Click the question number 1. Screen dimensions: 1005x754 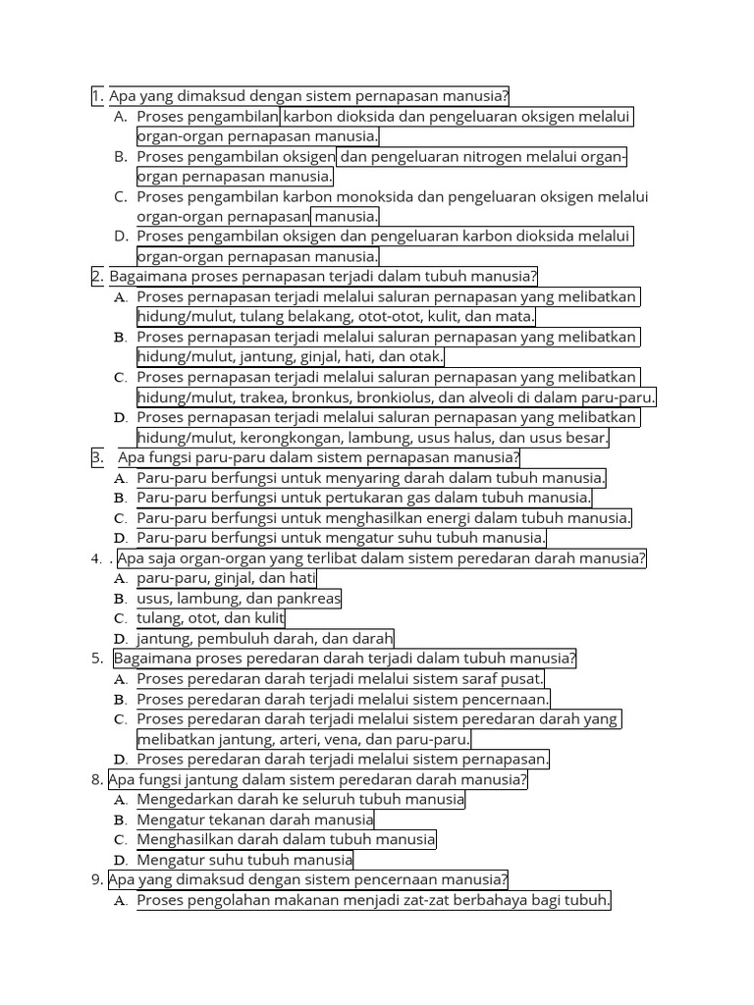tap(96, 96)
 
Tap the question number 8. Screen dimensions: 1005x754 tap(96, 780)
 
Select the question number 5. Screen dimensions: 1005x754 tap(96, 659)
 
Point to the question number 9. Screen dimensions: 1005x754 tap(96, 879)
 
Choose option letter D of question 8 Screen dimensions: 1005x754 tap(120, 861)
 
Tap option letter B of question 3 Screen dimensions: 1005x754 tap(120, 499)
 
